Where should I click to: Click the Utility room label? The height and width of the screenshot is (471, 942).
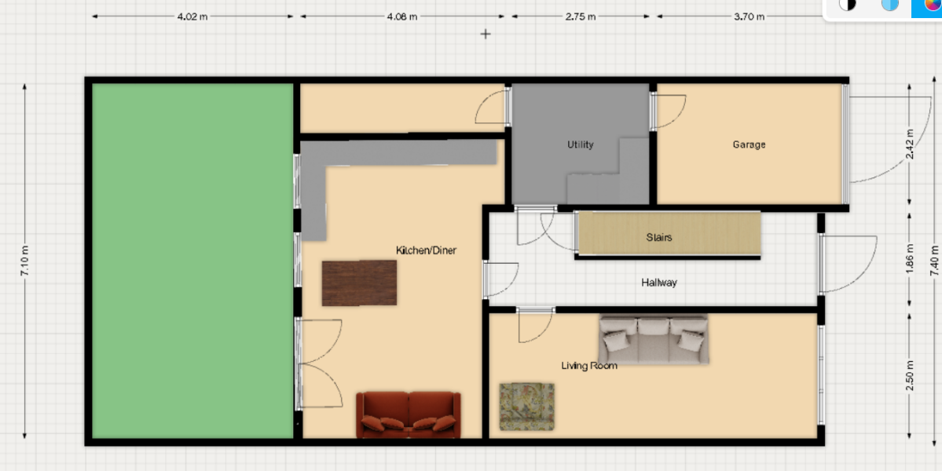[581, 144]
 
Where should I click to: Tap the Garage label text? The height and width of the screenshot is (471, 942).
[749, 144]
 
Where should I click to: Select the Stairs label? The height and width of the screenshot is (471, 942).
[659, 237]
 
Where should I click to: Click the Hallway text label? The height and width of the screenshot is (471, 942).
[658, 283]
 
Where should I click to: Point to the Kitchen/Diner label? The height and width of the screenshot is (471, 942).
[426, 250]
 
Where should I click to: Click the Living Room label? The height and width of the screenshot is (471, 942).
[588, 366]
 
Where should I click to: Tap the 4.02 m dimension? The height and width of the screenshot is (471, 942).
[192, 16]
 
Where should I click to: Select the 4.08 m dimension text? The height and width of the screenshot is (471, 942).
[402, 16]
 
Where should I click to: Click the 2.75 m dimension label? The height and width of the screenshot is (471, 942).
[581, 16]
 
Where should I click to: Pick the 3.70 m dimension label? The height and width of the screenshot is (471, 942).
[750, 16]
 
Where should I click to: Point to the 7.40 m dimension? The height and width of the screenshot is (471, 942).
[934, 262]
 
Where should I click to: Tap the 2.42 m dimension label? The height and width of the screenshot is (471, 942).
[910, 144]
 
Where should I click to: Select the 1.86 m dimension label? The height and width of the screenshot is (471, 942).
[910, 260]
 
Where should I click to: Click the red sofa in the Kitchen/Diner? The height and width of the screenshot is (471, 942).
[407, 414]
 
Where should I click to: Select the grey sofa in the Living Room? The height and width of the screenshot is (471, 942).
[654, 338]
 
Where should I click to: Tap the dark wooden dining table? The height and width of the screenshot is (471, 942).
[359, 283]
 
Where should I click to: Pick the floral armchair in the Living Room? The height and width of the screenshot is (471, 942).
[526, 407]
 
